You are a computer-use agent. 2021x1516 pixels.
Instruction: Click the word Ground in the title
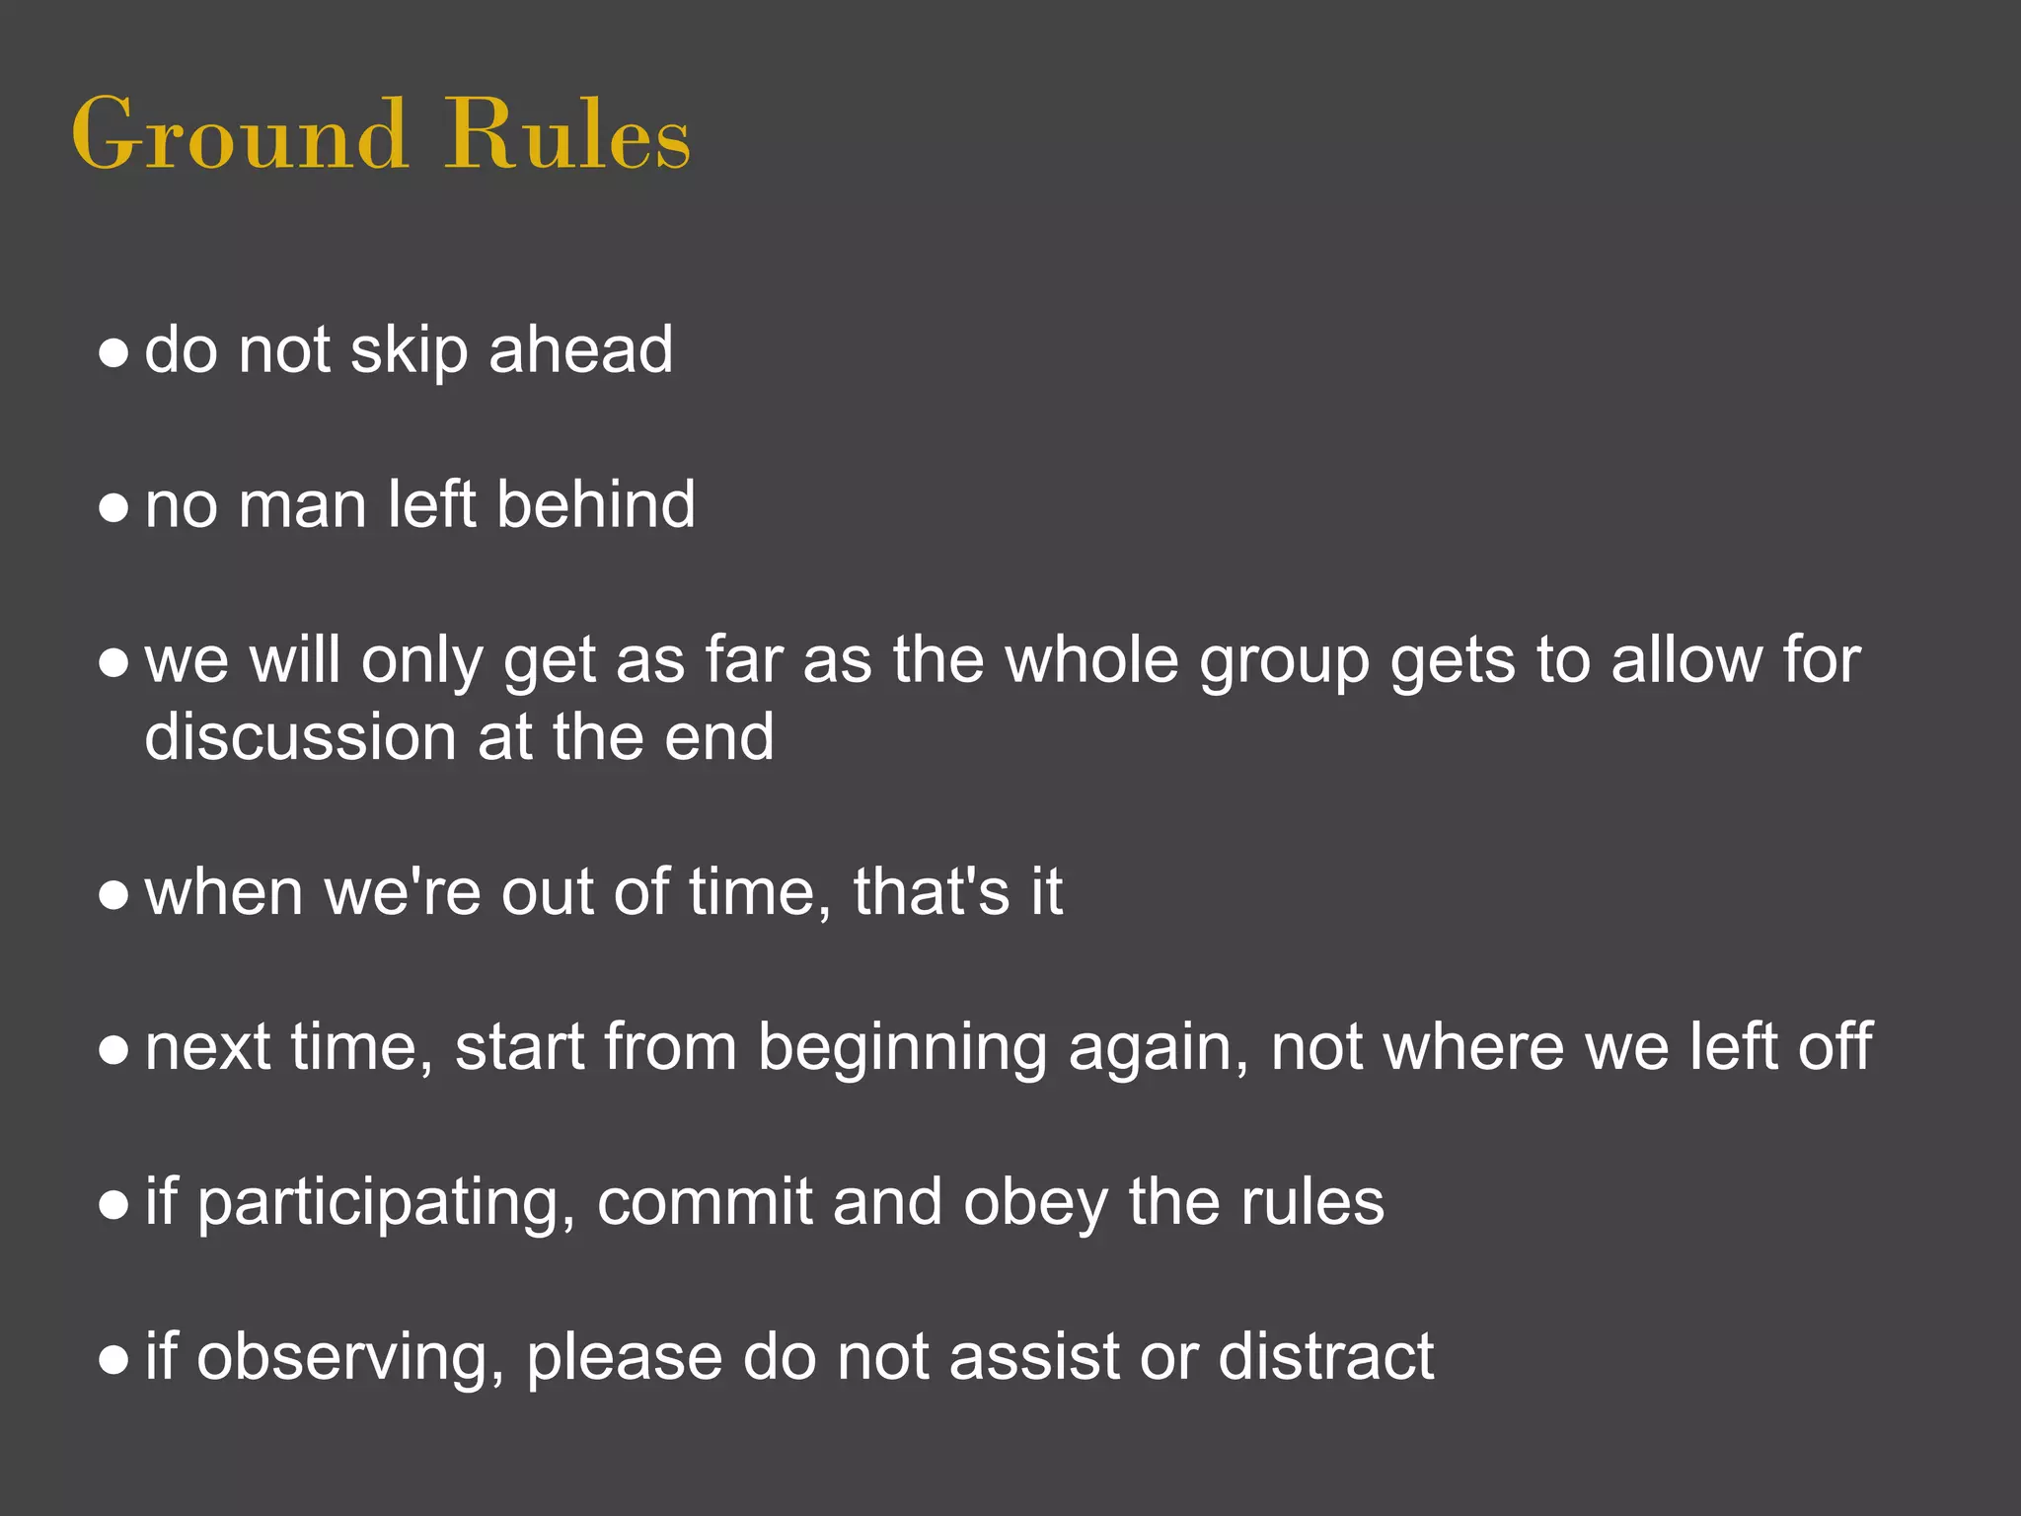(x=239, y=135)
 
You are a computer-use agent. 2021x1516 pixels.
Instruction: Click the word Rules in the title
(x=567, y=135)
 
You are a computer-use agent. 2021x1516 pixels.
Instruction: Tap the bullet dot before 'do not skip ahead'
(x=114, y=352)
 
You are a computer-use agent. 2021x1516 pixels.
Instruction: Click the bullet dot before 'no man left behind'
(x=114, y=507)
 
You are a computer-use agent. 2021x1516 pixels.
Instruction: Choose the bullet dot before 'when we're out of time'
(x=114, y=894)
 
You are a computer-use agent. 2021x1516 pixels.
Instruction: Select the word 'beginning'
(x=902, y=1049)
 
